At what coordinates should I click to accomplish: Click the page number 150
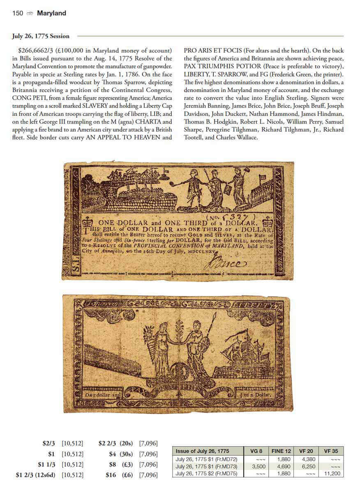(18, 14)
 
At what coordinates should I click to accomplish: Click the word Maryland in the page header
(51, 14)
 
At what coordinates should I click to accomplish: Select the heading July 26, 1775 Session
(41, 36)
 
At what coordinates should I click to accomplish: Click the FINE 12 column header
(281, 451)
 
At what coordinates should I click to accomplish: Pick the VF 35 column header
(331, 451)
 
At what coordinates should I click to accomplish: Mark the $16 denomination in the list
(111, 475)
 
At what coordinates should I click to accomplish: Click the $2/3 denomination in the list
(48, 443)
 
